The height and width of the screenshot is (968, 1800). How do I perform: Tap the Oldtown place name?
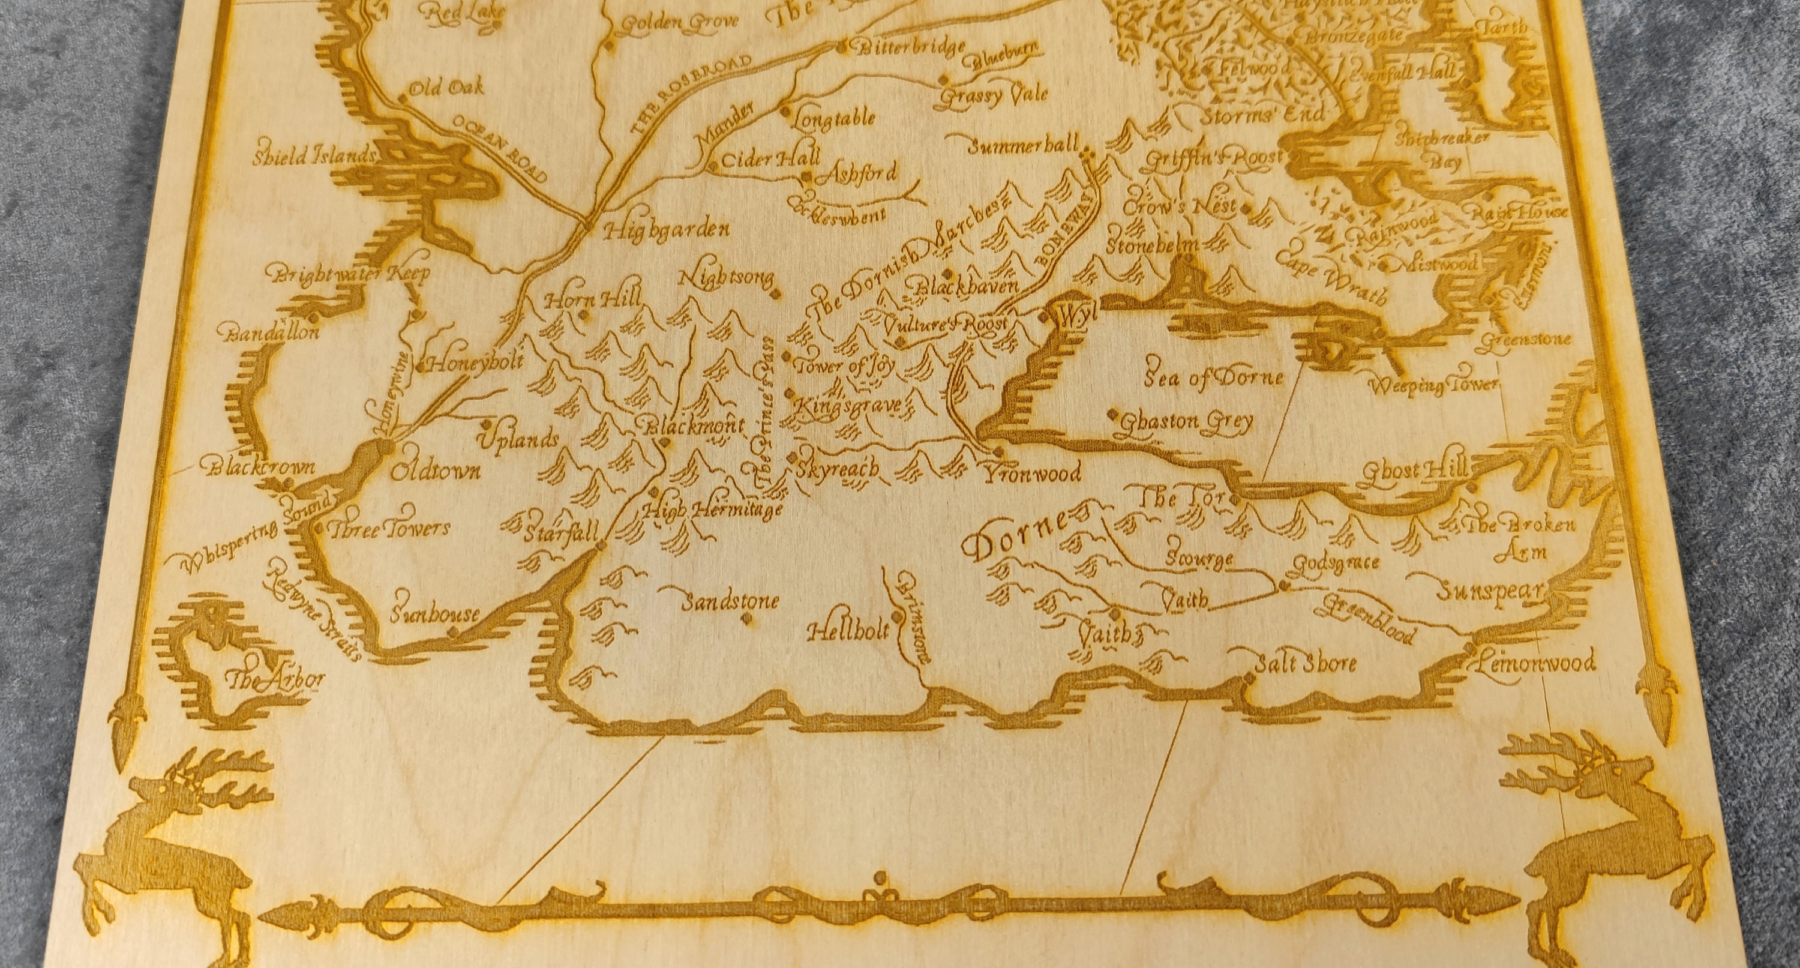[434, 471]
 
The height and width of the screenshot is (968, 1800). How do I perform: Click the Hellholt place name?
[848, 632]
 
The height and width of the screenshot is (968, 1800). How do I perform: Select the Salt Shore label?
[1304, 663]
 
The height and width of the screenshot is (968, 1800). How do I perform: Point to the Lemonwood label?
[1535, 662]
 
